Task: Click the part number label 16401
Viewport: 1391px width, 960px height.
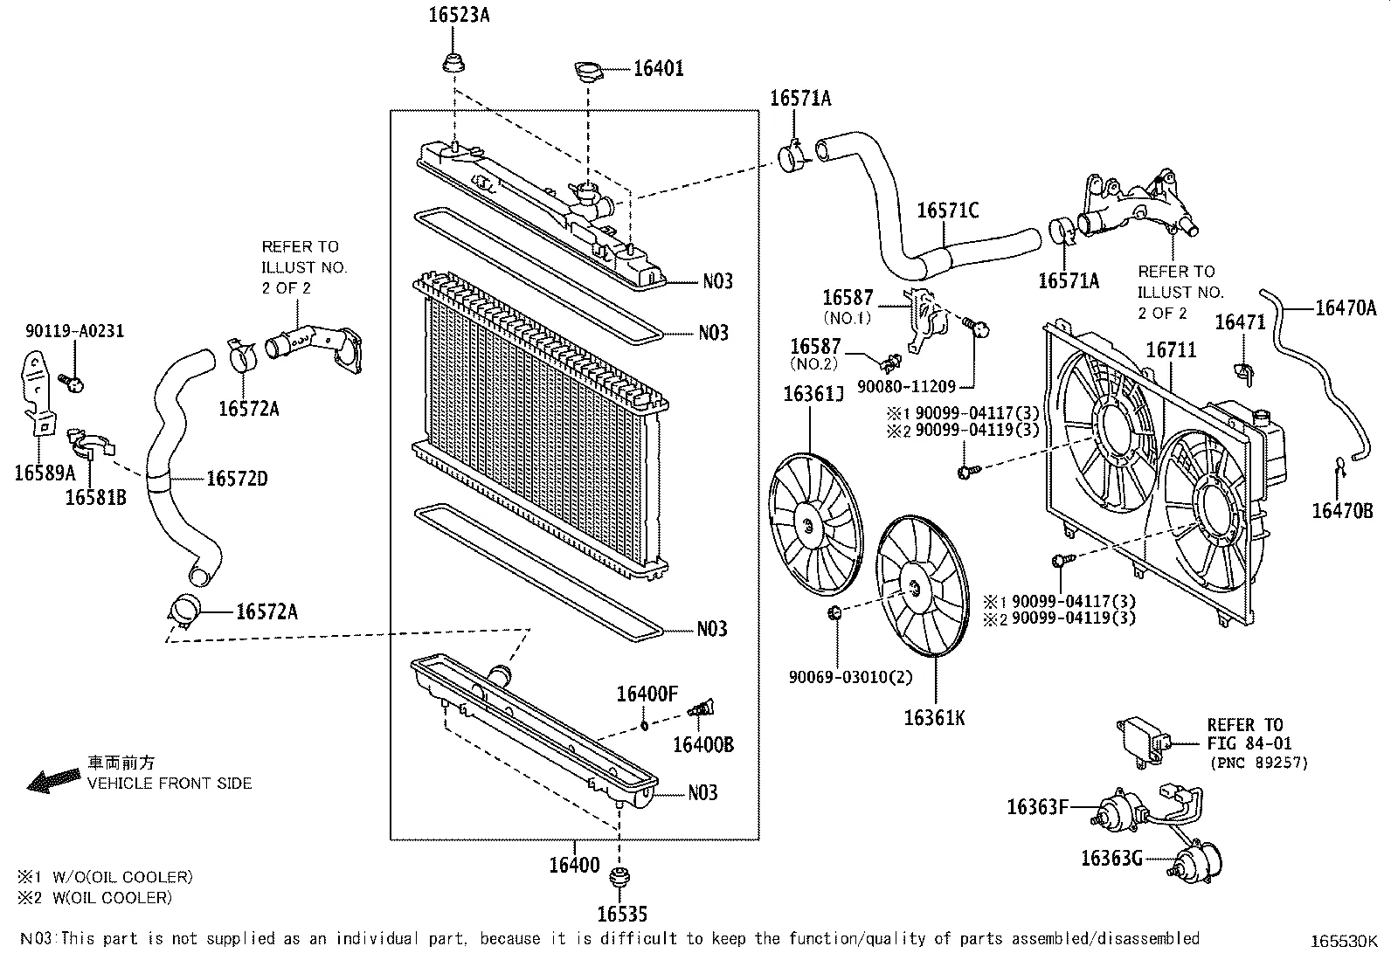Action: click(x=658, y=68)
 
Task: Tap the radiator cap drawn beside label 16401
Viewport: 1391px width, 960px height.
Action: click(x=589, y=71)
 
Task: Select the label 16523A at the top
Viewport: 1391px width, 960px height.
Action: click(x=458, y=15)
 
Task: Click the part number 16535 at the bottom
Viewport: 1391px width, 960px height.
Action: click(x=622, y=915)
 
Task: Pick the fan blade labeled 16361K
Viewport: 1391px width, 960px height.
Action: click(x=923, y=585)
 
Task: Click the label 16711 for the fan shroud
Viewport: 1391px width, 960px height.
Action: click(x=1171, y=350)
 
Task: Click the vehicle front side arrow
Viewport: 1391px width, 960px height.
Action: click(x=53, y=779)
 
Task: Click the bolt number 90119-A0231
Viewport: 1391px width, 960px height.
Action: click(x=74, y=331)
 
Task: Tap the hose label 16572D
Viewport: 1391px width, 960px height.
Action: click(x=237, y=479)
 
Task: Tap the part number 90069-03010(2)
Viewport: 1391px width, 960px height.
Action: click(x=838, y=677)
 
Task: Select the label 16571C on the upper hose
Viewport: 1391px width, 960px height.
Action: click(x=947, y=211)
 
